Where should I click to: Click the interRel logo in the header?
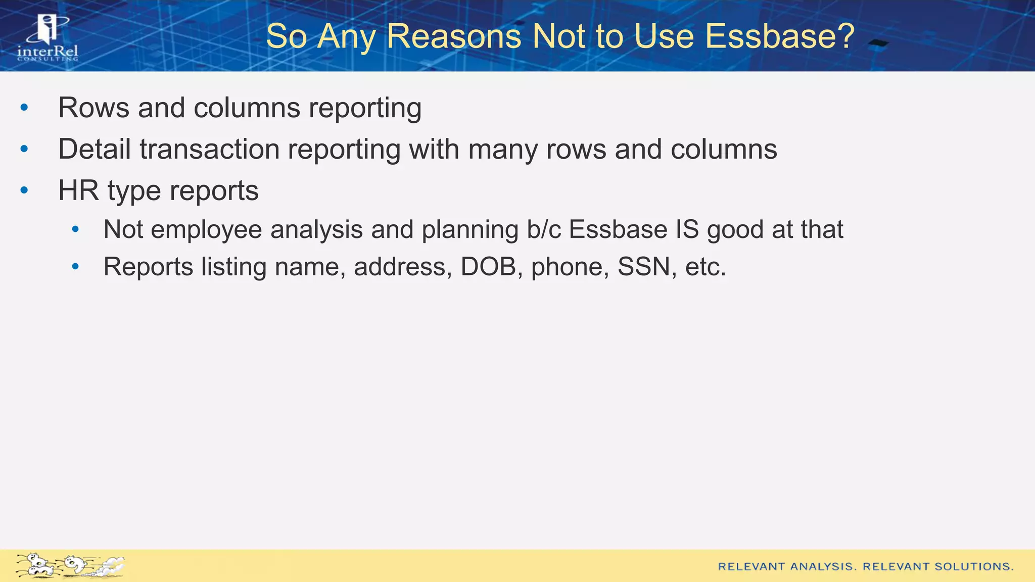(48, 37)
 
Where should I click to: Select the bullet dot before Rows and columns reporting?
(24, 108)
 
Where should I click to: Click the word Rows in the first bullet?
(93, 108)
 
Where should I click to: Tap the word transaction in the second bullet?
(209, 149)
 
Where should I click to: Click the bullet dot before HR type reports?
(24, 190)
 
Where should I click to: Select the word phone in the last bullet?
(570, 267)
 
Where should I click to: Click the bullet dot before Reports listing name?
(75, 266)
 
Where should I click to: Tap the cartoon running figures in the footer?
(70, 565)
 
